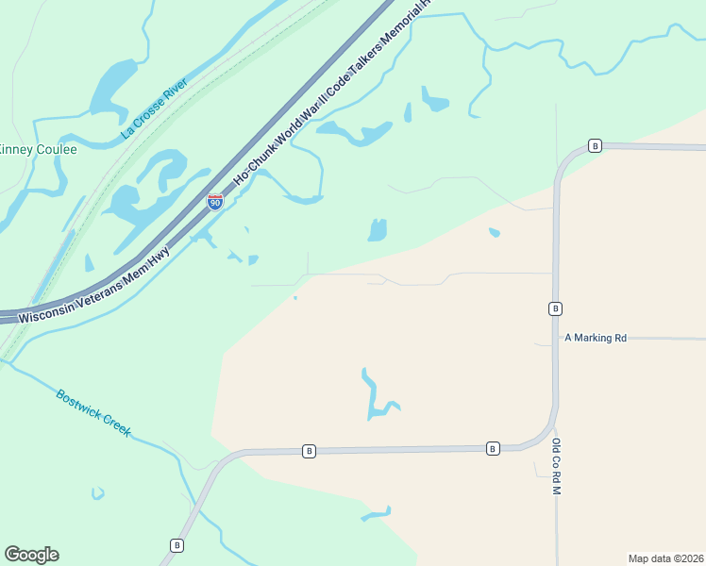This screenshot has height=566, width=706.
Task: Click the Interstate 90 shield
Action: click(215, 201)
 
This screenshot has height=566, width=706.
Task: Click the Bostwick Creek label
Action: click(92, 412)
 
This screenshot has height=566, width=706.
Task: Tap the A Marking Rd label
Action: click(596, 337)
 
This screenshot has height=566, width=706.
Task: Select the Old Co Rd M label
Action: click(557, 467)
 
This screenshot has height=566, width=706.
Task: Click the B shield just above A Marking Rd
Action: click(555, 308)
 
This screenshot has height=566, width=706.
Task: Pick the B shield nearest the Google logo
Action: click(176, 544)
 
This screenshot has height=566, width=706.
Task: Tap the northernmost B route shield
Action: click(595, 145)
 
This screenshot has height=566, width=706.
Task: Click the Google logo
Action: click(31, 555)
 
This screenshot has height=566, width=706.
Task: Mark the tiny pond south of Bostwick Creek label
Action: click(97, 492)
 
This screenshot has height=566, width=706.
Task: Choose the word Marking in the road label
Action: click(593, 337)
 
